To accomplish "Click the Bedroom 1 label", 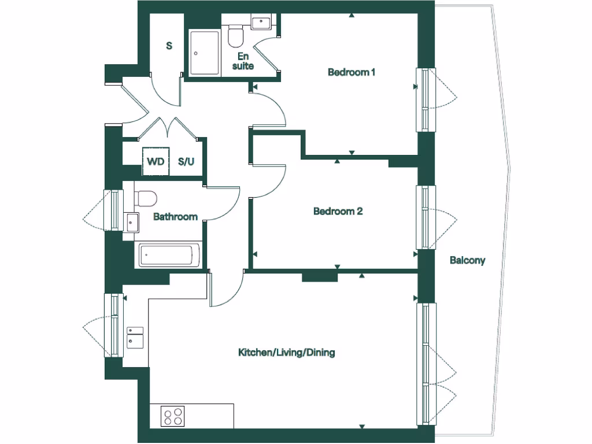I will pos(351,72).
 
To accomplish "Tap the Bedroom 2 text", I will pos(338,211).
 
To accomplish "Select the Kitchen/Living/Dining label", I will pos(287,352).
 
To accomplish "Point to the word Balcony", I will pos(467,260).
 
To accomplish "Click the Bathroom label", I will pos(175,217).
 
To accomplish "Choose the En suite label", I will pos(243,61).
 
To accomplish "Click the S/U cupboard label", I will pos(186,161).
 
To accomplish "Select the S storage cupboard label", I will pos(169,46).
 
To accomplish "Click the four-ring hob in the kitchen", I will pos(173,416).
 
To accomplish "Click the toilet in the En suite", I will pos(235,36).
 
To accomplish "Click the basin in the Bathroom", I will pos(132,220).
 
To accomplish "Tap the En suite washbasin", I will pos(261,23).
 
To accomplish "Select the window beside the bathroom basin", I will pos(113,210).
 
